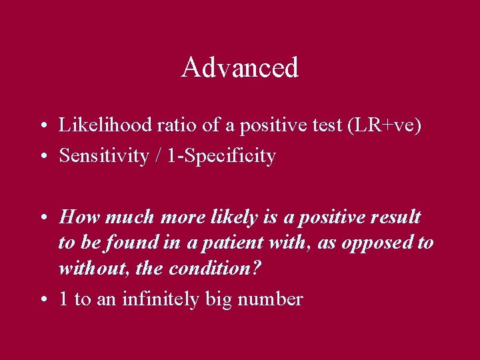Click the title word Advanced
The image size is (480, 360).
point(239,67)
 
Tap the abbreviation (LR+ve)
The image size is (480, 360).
point(385,125)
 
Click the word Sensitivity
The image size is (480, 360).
point(104,156)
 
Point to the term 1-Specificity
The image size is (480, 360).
point(222,156)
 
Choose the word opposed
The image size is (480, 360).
point(377,243)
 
